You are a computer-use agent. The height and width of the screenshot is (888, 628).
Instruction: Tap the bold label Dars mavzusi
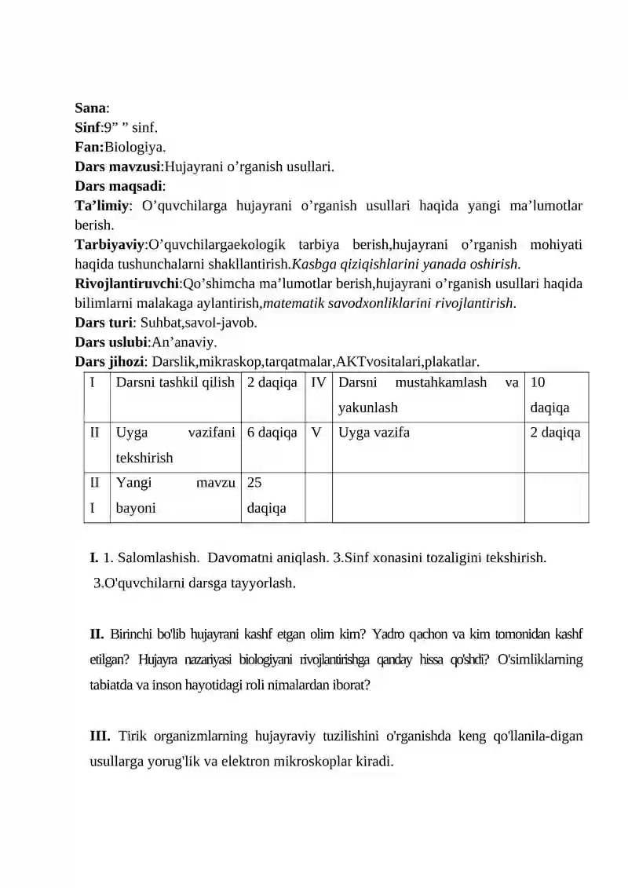[117, 166]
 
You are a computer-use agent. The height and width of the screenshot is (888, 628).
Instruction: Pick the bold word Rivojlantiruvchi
[127, 283]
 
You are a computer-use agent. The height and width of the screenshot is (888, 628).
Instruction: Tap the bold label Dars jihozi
[110, 361]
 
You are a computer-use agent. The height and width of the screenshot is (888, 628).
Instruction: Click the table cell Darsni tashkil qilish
[175, 383]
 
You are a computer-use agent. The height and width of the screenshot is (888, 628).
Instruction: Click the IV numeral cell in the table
[318, 383]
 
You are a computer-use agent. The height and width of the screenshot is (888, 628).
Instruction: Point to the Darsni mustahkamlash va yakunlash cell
[428, 395]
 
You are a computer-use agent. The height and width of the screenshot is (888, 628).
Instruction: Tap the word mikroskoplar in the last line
[314, 761]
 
